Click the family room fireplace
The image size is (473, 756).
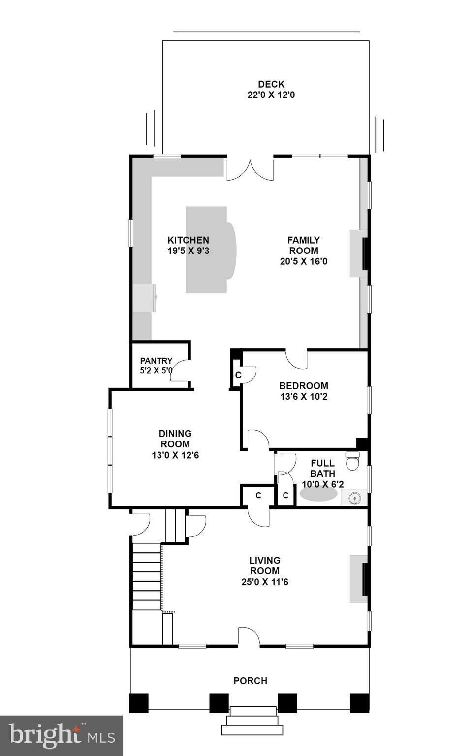click(359, 253)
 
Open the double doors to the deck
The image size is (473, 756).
click(250, 170)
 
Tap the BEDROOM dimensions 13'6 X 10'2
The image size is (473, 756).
click(304, 397)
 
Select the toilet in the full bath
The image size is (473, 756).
click(353, 461)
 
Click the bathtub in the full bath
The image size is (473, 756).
click(318, 495)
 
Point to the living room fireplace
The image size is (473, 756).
click(359, 579)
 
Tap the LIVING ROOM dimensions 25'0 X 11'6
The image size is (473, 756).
click(265, 582)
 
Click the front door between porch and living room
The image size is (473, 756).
click(249, 637)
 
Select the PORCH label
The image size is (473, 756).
click(250, 681)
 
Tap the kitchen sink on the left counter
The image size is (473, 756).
click(144, 297)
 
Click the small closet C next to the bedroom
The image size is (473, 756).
click(238, 375)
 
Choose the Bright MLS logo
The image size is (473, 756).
click(61, 735)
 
